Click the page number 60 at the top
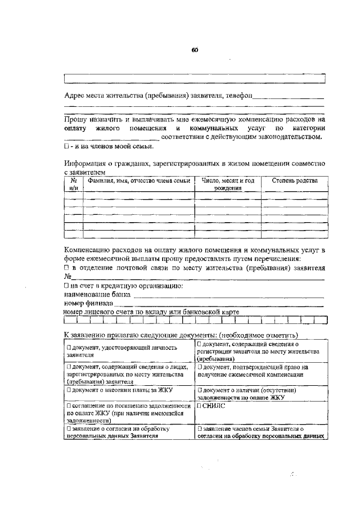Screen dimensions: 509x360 click(195, 49)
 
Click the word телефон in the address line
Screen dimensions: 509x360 click(238, 96)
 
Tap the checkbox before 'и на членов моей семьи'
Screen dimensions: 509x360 click(66, 146)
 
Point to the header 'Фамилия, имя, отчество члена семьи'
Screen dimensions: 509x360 click(138, 181)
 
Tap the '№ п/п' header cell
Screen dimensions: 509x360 click(73, 184)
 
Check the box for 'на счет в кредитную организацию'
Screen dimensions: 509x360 click(66, 286)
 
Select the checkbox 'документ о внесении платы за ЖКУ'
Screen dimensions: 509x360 click(69, 389)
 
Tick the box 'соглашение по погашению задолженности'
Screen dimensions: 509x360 click(69, 405)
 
